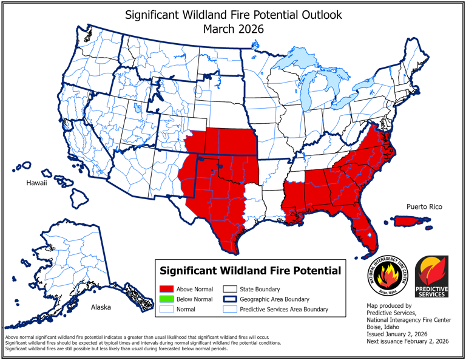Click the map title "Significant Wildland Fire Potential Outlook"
click(233, 14)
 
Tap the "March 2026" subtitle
click(233, 28)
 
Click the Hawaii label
click(36, 183)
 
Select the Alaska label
click(101, 307)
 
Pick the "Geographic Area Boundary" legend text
click(275, 299)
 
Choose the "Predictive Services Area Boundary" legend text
click(284, 309)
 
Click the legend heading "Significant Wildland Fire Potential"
click(249, 270)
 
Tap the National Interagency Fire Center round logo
click(385, 276)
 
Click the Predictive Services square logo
click(431, 276)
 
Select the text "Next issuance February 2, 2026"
click(408, 342)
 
